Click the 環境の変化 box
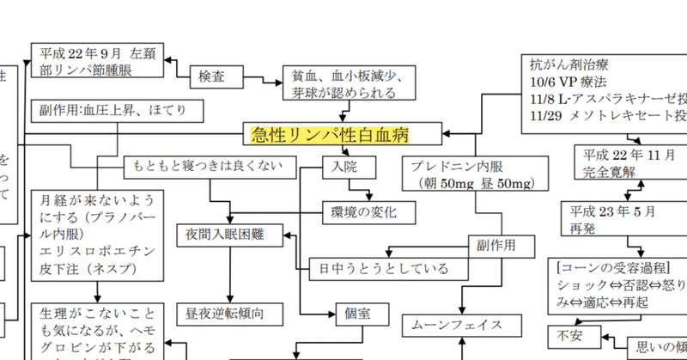point(371,211)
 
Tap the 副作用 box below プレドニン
point(496,244)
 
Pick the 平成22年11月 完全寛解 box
point(625,162)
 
